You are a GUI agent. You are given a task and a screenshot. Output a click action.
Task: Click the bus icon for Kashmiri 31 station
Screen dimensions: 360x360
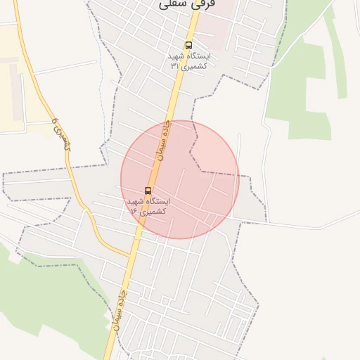(x=188, y=45)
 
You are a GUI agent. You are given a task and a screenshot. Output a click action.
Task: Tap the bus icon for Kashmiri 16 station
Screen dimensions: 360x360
(x=147, y=191)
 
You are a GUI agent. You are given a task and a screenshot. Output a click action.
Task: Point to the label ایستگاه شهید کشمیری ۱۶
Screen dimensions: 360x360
(x=147, y=206)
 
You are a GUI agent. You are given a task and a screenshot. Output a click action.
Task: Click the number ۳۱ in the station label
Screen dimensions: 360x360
(x=175, y=65)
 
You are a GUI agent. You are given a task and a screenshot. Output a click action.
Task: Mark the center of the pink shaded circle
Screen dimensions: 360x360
(x=180, y=179)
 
